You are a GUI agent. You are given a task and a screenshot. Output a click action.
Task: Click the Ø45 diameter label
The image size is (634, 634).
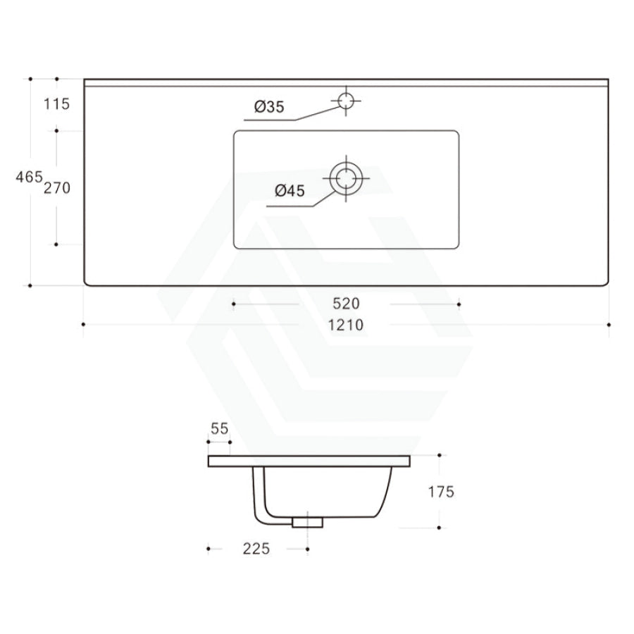(x=290, y=189)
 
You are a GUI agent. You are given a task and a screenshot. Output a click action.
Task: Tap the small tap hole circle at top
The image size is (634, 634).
(x=346, y=101)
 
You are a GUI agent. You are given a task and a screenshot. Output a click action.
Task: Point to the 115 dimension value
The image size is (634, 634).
(x=56, y=105)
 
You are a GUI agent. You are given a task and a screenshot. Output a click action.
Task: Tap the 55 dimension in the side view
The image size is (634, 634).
(x=220, y=428)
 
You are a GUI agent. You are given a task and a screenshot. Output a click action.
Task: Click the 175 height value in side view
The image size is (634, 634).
(x=440, y=492)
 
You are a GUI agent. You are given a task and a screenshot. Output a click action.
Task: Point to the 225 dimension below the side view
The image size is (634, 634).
(x=256, y=548)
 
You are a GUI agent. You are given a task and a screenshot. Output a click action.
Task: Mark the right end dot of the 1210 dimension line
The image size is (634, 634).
(x=608, y=325)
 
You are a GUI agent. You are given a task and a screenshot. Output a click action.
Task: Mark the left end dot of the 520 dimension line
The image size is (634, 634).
(x=234, y=304)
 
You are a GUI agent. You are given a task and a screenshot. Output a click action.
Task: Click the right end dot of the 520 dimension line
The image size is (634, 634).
(x=459, y=304)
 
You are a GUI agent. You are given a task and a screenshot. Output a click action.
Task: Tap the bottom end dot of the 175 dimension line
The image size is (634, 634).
(x=439, y=528)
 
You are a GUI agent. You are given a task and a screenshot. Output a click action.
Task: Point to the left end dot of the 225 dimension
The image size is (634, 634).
(x=209, y=548)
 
